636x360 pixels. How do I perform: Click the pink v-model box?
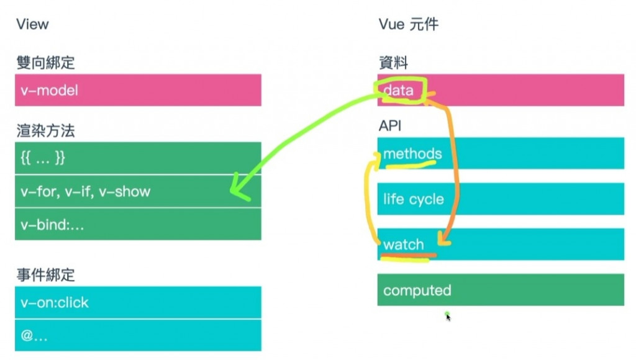(x=138, y=91)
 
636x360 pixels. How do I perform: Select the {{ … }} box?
(x=138, y=158)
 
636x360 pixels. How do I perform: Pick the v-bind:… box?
(x=138, y=225)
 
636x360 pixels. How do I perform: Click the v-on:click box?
(x=138, y=303)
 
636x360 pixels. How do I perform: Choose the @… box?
(x=138, y=336)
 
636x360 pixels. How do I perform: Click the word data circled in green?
(x=398, y=91)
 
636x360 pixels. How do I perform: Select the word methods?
(x=412, y=154)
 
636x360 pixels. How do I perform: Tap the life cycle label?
(x=413, y=199)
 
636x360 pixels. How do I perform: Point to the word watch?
(x=404, y=245)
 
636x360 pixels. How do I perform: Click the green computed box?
(x=501, y=290)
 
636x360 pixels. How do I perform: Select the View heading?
(x=32, y=24)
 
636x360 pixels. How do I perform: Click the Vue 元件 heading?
(x=408, y=24)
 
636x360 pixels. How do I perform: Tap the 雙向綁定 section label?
(x=45, y=62)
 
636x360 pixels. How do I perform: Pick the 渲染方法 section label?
(x=45, y=131)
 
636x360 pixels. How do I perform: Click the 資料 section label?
(x=393, y=62)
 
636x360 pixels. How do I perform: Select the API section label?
(x=390, y=126)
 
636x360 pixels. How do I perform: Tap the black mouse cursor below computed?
(x=448, y=317)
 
